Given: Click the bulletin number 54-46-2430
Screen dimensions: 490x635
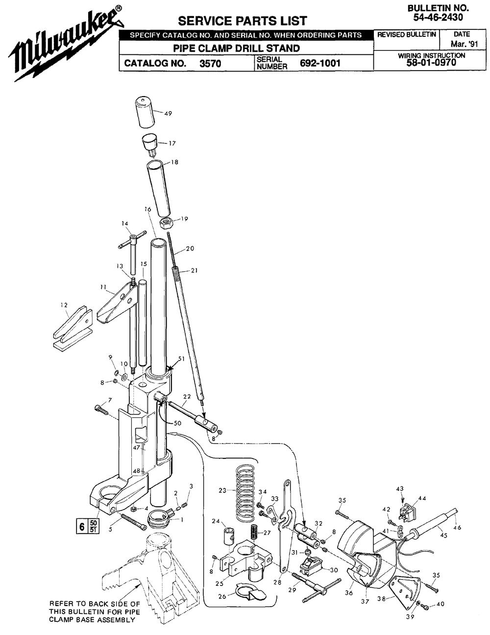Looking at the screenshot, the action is pos(438,18).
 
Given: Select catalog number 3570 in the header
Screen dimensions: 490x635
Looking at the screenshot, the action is pos(210,63).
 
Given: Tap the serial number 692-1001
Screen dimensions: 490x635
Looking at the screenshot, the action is pos(320,63).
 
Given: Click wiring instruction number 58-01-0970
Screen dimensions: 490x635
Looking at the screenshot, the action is pos(431,62).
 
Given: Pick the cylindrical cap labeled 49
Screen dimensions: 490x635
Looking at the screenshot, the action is pos(144,112).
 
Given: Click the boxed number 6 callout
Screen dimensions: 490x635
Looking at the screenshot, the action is pos(82,527).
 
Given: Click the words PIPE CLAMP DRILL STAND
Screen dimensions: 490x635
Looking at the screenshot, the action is pos(237,48).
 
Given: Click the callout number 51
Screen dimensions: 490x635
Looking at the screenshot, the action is pos(182,358).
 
